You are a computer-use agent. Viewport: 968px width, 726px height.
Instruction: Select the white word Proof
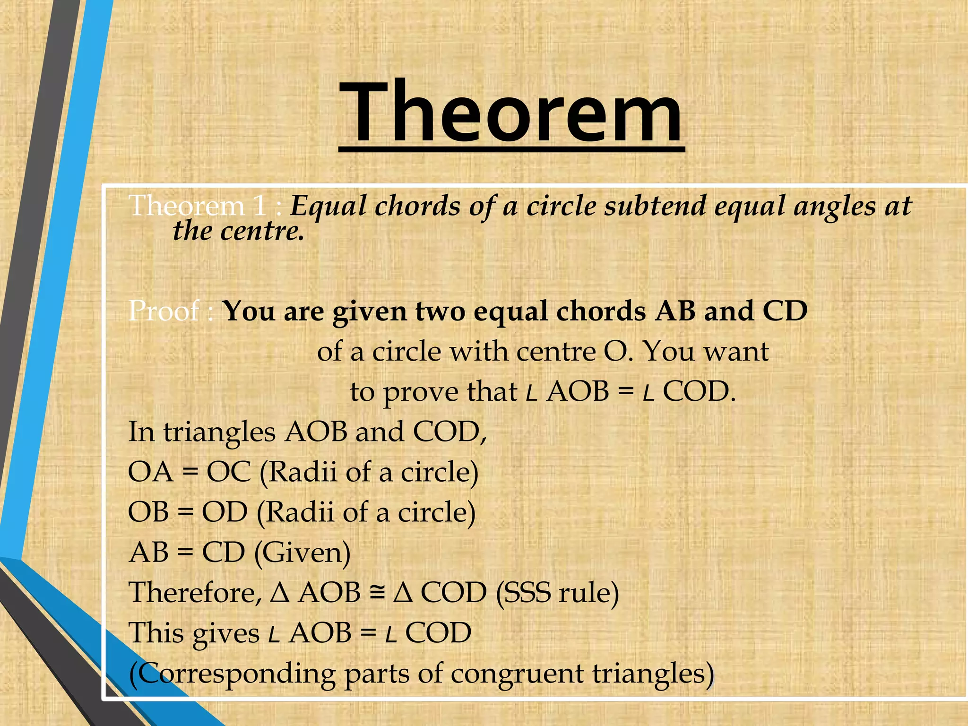164,311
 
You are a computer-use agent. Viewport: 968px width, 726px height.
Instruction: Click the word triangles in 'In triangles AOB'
219,432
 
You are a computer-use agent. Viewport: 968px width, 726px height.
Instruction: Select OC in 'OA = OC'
229,472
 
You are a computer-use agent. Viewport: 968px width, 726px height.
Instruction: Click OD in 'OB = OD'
225,512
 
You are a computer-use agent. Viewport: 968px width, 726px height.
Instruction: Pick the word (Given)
302,552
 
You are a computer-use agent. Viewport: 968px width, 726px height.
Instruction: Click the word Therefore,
195,592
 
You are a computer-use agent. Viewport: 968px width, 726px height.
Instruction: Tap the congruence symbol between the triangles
377,593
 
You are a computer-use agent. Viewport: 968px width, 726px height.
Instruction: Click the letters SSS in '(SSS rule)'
528,592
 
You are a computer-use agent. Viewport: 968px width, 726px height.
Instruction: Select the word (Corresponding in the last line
232,674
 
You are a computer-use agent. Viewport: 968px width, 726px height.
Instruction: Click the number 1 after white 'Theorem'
259,206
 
